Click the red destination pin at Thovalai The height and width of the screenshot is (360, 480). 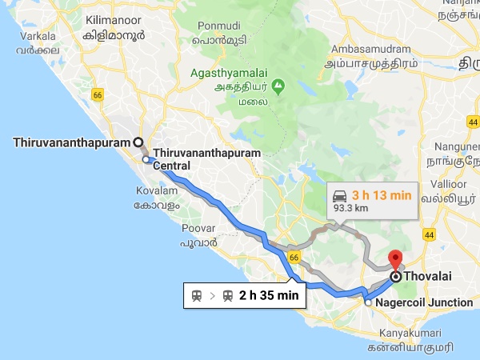[x=394, y=260]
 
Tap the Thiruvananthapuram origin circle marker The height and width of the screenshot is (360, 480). [x=138, y=142]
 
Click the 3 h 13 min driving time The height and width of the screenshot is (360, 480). [x=383, y=194]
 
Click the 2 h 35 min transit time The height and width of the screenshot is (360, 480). [x=268, y=296]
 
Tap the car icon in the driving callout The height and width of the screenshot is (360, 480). [x=339, y=194]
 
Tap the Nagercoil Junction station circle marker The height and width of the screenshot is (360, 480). [x=368, y=303]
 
